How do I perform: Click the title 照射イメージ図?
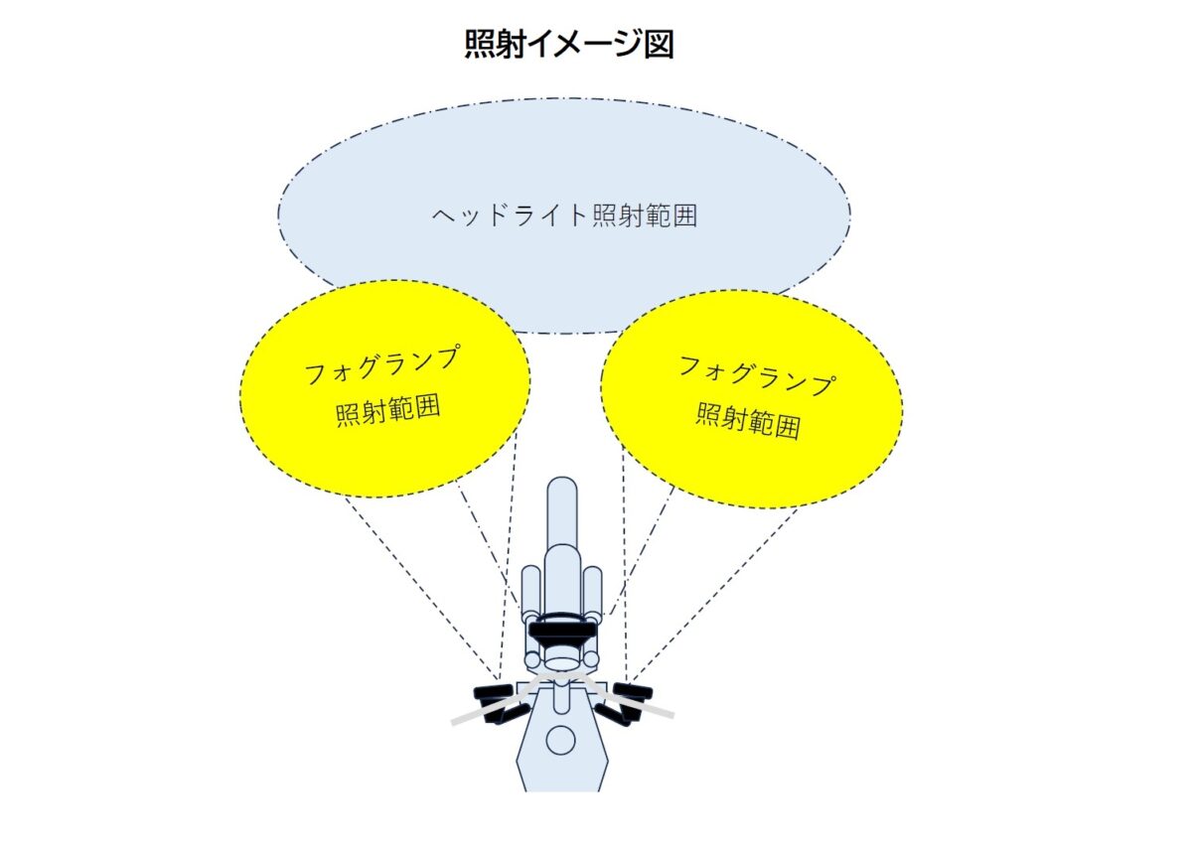click(x=569, y=44)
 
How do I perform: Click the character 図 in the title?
click(x=660, y=44)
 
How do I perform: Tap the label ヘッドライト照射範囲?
click(x=564, y=215)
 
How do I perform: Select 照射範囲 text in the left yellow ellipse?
click(x=388, y=411)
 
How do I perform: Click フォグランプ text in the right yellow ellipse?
click(x=757, y=374)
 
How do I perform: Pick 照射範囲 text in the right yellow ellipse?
click(x=748, y=421)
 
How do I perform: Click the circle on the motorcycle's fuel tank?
click(x=561, y=740)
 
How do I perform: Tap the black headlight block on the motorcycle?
click(x=561, y=632)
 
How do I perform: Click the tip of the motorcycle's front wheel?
click(x=562, y=477)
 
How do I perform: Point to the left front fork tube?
click(x=530, y=591)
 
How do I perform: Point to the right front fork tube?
click(x=592, y=591)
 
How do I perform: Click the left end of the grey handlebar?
click(x=452, y=722)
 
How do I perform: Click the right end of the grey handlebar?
click(x=673, y=715)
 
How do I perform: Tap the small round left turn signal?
click(x=531, y=660)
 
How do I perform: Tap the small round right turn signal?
click(x=591, y=660)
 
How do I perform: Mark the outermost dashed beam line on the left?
click(x=421, y=588)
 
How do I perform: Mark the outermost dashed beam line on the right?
click(x=712, y=595)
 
